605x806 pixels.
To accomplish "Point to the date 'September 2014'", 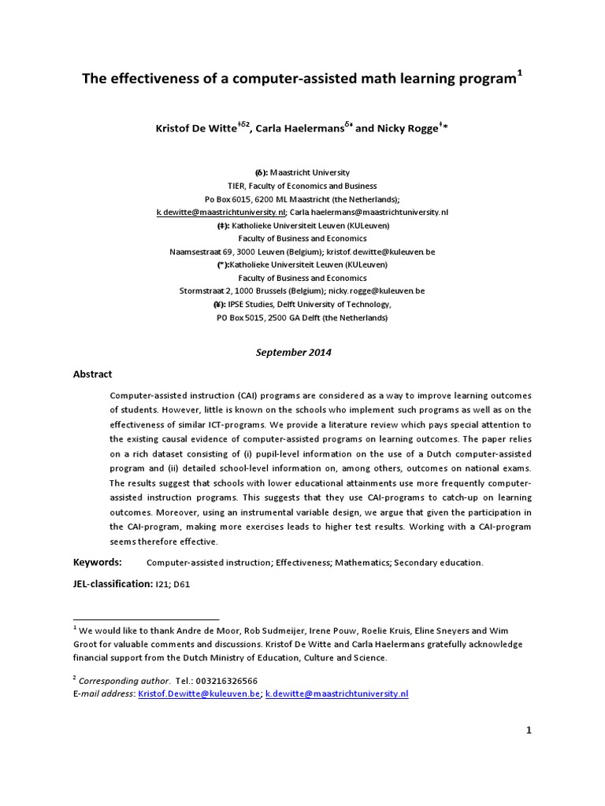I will coord(294,353).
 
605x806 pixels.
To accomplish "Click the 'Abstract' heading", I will coord(93,375).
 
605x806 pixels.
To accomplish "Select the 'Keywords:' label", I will coord(98,562).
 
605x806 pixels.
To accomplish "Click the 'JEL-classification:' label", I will coord(113,584).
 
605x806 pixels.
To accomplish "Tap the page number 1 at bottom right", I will coord(529,730).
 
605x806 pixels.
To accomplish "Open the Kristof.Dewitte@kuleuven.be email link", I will coord(199,693).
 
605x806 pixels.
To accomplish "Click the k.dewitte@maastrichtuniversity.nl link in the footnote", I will coord(337,693).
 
